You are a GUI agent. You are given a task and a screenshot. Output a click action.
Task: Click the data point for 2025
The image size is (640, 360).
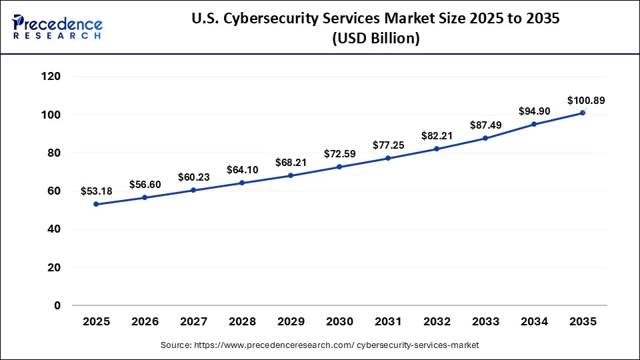pos(96,204)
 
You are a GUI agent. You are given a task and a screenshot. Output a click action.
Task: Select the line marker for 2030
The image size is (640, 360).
pos(339,167)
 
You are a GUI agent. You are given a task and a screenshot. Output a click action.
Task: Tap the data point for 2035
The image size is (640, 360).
pos(583,113)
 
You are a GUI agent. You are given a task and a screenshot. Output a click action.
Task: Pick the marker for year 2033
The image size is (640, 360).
pos(485,138)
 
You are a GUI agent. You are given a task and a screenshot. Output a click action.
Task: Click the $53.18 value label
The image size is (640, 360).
pos(96,191)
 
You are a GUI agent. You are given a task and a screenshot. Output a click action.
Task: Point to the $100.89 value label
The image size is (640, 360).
pos(583,101)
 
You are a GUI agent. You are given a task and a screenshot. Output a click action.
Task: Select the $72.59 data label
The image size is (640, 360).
pos(339,154)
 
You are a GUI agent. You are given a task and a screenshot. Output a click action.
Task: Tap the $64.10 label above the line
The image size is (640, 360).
pos(242,170)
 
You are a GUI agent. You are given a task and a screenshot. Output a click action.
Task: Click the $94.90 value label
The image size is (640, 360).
pos(534,111)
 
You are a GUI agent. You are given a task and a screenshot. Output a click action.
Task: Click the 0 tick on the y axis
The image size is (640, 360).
pos(57,305)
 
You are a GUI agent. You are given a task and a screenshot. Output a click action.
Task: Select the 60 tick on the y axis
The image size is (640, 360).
pos(55,191)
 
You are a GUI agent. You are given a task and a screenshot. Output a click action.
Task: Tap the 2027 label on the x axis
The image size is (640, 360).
pos(193,321)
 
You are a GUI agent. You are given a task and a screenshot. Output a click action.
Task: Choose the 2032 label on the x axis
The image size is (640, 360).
pos(437,321)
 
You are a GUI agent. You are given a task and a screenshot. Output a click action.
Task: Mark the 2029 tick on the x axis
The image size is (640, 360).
pos(291,321)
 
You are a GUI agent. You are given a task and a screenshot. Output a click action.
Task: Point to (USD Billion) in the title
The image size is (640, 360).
pos(375,39)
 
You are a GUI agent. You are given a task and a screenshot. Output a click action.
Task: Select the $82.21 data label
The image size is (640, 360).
pos(437,136)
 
